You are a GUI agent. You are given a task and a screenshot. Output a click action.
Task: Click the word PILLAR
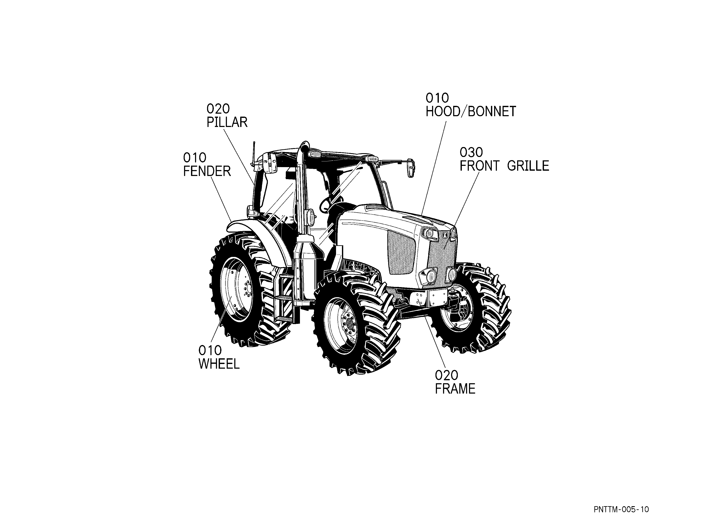click(227, 122)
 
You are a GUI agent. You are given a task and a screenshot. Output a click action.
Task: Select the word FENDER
click(207, 171)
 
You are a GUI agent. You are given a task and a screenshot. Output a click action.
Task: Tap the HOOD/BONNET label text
click(470, 112)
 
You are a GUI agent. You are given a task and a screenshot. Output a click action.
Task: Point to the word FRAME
click(455, 389)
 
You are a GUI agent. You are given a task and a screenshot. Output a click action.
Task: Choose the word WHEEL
click(219, 364)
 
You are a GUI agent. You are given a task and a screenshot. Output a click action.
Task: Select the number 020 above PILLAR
click(218, 109)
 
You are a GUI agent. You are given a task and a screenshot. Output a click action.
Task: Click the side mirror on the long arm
click(412, 168)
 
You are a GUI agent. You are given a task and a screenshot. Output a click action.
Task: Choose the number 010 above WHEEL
click(210, 350)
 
